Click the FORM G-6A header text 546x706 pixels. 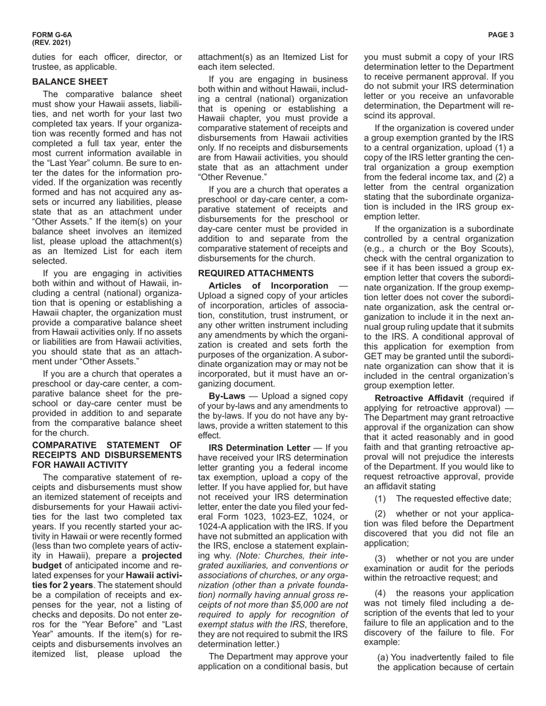pos(48,35)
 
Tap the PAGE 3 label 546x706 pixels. pos(501,35)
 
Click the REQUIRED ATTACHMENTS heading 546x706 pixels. pos(256,273)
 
